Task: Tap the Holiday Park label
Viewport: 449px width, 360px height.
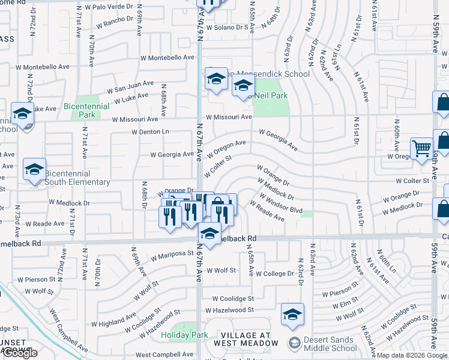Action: (x=184, y=335)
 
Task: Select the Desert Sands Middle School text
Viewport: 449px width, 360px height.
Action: (x=330, y=343)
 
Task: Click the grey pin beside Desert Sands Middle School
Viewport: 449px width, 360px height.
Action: (x=294, y=343)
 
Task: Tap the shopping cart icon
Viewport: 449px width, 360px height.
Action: (x=421, y=148)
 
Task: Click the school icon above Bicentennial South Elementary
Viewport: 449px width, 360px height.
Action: (x=34, y=169)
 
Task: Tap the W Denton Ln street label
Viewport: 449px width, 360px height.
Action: (x=150, y=131)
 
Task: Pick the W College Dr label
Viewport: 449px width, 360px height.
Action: (x=274, y=274)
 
